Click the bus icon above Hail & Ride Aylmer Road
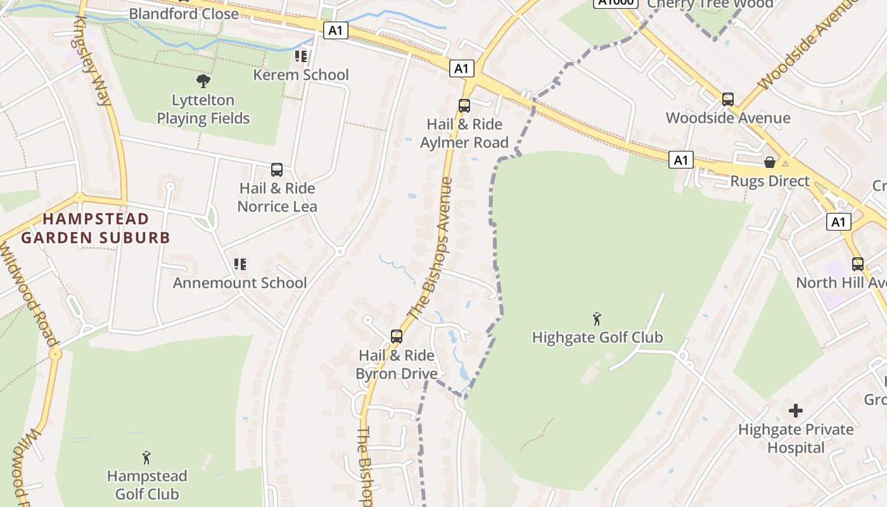[464, 106]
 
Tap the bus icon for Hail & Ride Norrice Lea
[277, 170]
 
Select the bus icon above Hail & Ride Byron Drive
[397, 337]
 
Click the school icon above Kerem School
[301, 56]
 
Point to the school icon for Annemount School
[239, 264]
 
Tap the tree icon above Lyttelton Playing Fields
[203, 81]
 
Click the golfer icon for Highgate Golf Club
[596, 319]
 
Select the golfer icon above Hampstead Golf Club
[147, 458]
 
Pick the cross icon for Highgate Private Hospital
[796, 411]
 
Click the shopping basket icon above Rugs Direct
[770, 163]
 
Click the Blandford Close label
[184, 13]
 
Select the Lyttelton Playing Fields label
[203, 109]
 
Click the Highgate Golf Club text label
[597, 337]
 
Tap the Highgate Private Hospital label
[796, 439]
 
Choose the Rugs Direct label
[770, 181]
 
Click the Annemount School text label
[239, 283]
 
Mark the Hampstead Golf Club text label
[147, 485]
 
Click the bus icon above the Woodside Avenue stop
[728, 99]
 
